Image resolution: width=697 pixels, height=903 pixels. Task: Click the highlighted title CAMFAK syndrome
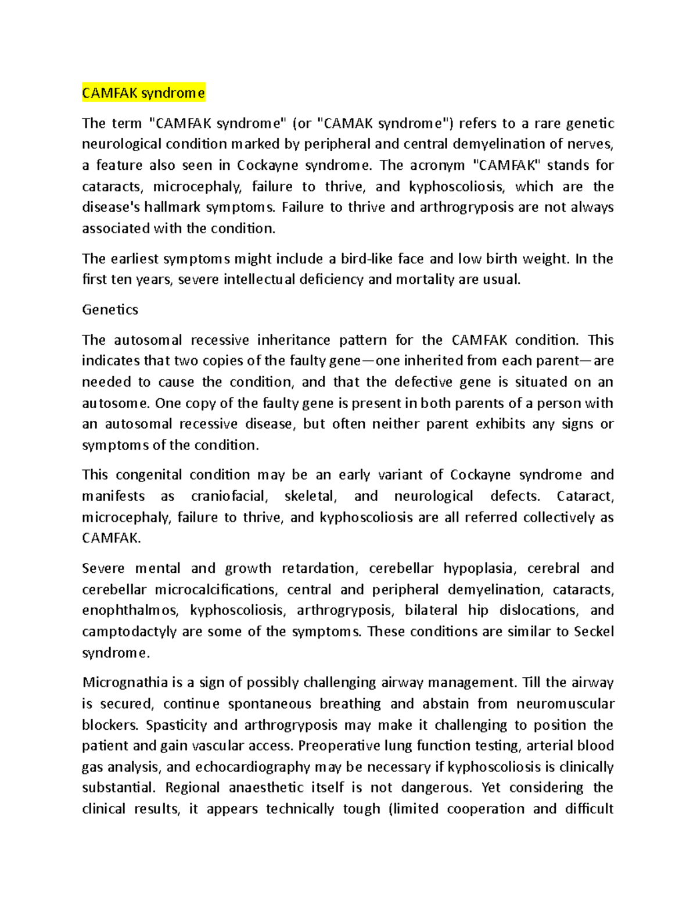(x=143, y=93)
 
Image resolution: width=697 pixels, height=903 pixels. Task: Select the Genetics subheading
(x=110, y=310)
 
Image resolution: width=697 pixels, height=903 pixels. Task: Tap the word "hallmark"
(x=172, y=208)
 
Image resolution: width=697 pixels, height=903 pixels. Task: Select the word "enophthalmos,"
(x=131, y=611)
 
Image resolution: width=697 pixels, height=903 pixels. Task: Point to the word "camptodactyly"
(x=128, y=632)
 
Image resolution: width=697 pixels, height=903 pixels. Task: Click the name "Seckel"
(x=594, y=632)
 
